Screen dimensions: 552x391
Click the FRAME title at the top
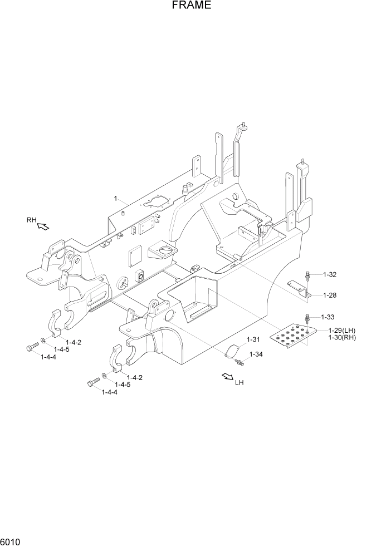[x=191, y=6]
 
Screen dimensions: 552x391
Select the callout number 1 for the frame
[x=115, y=198]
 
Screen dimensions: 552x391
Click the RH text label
[x=31, y=220]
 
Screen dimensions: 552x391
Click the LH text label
[x=240, y=382]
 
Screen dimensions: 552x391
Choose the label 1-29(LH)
[x=342, y=331]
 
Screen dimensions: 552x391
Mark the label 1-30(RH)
[x=342, y=337]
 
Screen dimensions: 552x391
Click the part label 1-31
[x=253, y=339]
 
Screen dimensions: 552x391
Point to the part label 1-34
[x=256, y=354]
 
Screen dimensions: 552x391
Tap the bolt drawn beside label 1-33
[x=306, y=319]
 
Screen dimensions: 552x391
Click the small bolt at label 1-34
[x=240, y=362]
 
